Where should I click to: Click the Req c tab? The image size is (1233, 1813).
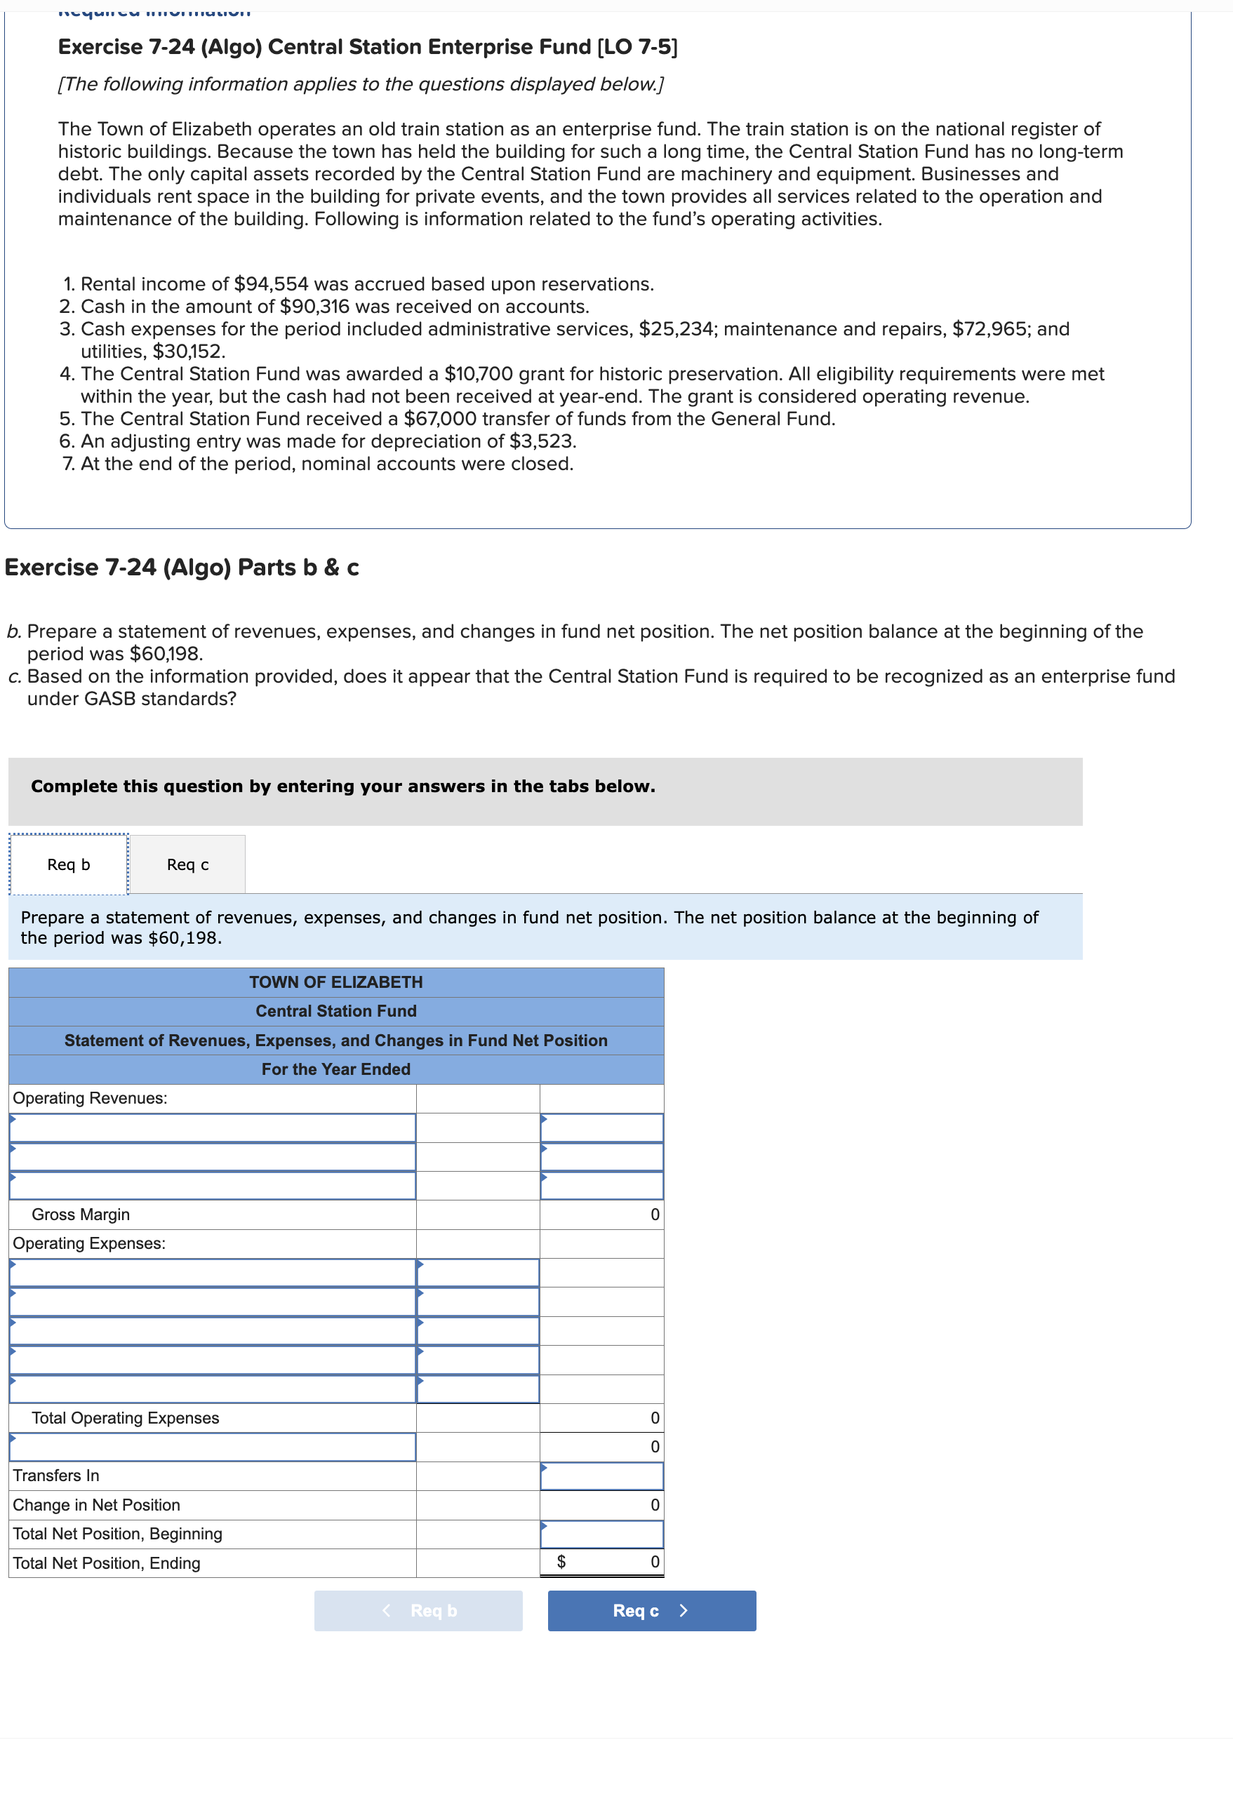tap(187, 864)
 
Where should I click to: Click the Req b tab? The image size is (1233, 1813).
tap(69, 864)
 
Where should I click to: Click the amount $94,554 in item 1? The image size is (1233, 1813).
tap(271, 284)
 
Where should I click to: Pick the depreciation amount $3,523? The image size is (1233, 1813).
tap(542, 441)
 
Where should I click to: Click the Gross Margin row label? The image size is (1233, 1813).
tap(81, 1215)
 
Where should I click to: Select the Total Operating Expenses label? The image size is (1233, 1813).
tap(125, 1418)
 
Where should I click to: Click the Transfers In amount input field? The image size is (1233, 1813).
tap(601, 1476)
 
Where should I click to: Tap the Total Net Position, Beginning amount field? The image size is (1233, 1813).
tap(601, 1534)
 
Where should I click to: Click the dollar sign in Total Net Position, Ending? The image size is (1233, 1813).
tap(560, 1563)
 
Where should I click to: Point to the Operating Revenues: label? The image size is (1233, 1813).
tap(90, 1099)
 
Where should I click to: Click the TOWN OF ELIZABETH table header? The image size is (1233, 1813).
tap(335, 982)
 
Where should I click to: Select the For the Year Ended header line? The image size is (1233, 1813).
tap(335, 1069)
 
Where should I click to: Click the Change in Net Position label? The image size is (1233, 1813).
tap(96, 1506)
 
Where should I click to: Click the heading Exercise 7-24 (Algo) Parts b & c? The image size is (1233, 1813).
tap(182, 568)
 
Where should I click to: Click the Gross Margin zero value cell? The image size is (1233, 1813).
tap(601, 1215)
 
